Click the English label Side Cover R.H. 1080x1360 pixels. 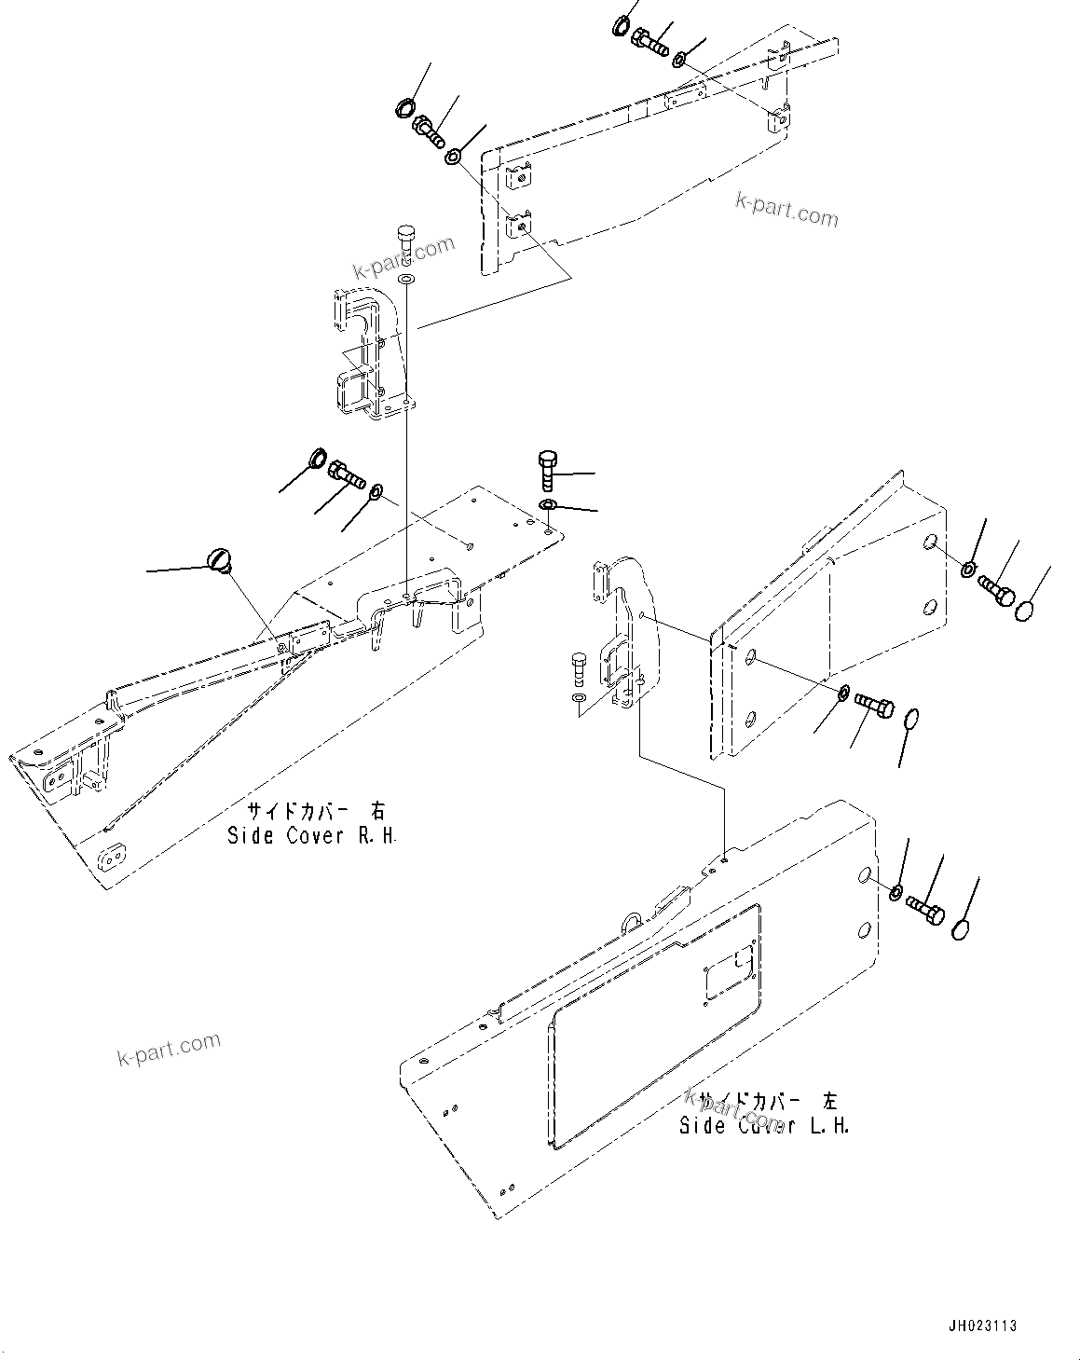(x=312, y=836)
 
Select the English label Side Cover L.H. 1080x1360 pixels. (x=764, y=1126)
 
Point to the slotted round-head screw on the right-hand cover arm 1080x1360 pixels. (x=221, y=559)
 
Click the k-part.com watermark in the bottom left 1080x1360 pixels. (x=169, y=1049)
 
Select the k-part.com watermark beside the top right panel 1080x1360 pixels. (x=786, y=210)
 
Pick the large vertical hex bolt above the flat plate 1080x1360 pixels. (x=547, y=469)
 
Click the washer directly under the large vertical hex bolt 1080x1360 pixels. (x=548, y=505)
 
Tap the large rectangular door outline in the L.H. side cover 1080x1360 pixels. (x=652, y=1025)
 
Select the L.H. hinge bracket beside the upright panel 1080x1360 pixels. (x=624, y=634)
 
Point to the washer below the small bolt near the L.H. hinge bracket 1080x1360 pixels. (x=578, y=697)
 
